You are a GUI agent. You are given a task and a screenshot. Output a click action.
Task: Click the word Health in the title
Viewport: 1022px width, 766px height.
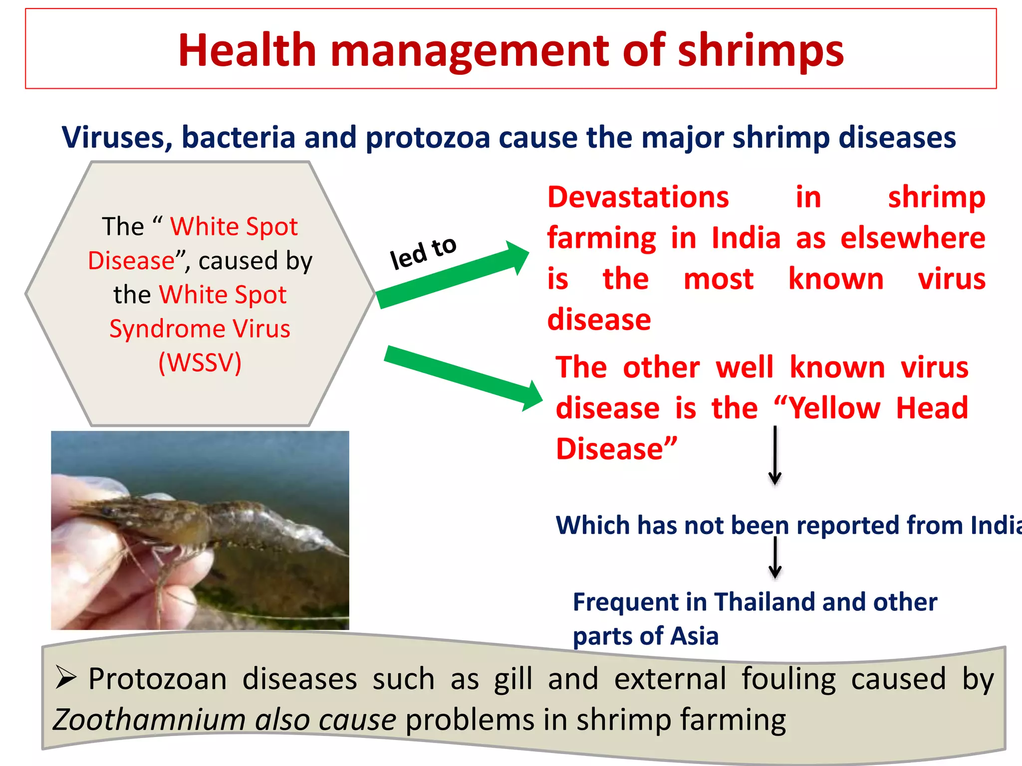(x=247, y=50)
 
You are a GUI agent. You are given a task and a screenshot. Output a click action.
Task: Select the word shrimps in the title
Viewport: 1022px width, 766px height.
(x=760, y=51)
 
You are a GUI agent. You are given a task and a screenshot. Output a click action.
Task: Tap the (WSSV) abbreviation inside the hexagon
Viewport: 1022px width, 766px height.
(x=200, y=363)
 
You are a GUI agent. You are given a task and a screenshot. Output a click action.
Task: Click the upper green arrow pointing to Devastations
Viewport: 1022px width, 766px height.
(x=452, y=277)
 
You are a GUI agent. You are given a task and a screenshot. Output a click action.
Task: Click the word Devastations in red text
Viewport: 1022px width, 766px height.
(x=638, y=197)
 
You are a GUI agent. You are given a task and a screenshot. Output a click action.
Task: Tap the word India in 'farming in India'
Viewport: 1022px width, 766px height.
(x=746, y=238)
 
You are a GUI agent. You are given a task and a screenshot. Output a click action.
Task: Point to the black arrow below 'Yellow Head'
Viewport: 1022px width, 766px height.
(x=774, y=455)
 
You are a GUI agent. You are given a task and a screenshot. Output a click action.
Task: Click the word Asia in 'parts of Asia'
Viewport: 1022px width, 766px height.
(x=694, y=636)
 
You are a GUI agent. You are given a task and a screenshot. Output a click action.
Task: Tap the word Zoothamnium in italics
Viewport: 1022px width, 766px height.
(x=149, y=720)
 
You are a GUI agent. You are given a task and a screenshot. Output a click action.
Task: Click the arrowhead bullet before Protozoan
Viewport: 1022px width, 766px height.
(x=66, y=678)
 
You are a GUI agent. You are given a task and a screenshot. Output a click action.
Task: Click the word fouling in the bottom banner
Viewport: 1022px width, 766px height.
(x=788, y=679)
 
